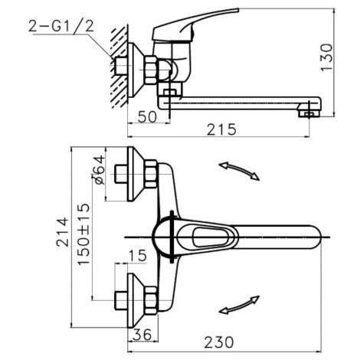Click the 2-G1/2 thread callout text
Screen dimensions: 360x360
pos(61,26)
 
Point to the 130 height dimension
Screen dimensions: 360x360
pos(326,57)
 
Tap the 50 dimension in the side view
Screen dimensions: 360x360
pos(147,117)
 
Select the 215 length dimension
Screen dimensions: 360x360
pos(221,129)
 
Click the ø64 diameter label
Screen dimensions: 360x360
pos(99,169)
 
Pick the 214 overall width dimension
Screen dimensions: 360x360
pos(63,232)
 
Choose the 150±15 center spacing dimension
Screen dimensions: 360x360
pos(84,234)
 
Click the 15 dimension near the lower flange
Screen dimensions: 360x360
pos(137,256)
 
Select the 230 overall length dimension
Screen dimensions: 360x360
pos(219,342)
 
